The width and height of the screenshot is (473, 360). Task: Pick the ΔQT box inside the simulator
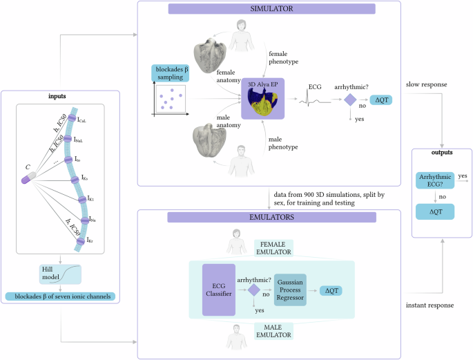(382, 100)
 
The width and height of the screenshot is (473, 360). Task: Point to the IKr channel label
(92, 240)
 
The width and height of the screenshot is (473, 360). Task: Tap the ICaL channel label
(83, 121)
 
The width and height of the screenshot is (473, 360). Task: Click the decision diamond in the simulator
(349, 100)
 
